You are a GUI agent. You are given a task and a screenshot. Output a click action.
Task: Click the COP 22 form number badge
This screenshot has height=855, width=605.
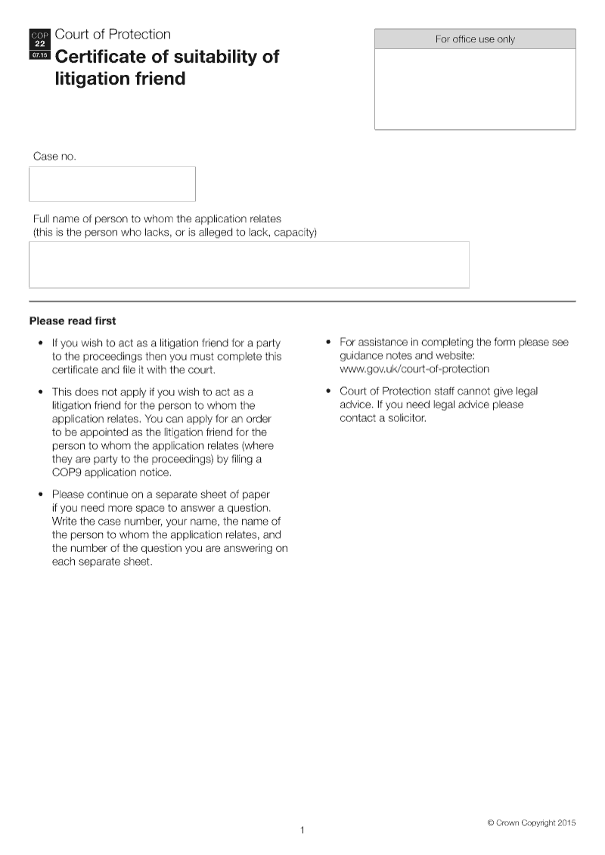(x=40, y=39)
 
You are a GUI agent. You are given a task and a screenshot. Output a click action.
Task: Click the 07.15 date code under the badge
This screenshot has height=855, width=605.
(x=40, y=55)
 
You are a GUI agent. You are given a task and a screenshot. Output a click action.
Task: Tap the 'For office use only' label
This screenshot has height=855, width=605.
(x=475, y=39)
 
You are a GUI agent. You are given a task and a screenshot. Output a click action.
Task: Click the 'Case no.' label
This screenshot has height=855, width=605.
(x=54, y=156)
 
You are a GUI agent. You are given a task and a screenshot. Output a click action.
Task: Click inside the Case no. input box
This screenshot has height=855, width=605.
(x=112, y=184)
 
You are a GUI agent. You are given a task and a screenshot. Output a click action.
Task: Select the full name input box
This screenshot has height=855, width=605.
(x=249, y=265)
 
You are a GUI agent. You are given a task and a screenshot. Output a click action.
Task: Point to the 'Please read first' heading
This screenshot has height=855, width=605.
(x=73, y=321)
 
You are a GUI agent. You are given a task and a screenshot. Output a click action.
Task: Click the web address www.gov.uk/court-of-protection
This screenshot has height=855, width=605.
(x=414, y=369)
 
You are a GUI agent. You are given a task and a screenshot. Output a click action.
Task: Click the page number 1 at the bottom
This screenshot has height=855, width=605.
(x=302, y=830)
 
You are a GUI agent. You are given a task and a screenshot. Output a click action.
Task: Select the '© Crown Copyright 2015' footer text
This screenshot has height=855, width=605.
(x=531, y=822)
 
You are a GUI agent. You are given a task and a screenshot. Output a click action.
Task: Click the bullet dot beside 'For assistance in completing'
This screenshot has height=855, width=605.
(x=327, y=342)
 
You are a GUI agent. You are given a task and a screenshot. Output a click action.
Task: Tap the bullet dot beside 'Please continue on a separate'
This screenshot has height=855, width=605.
(x=40, y=494)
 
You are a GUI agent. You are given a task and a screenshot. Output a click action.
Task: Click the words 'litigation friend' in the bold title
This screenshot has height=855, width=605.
(x=120, y=79)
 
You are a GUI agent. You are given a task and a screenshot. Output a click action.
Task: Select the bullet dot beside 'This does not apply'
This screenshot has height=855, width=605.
(x=40, y=392)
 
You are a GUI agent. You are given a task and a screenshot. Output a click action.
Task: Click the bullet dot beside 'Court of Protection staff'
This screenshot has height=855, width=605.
(x=327, y=392)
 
